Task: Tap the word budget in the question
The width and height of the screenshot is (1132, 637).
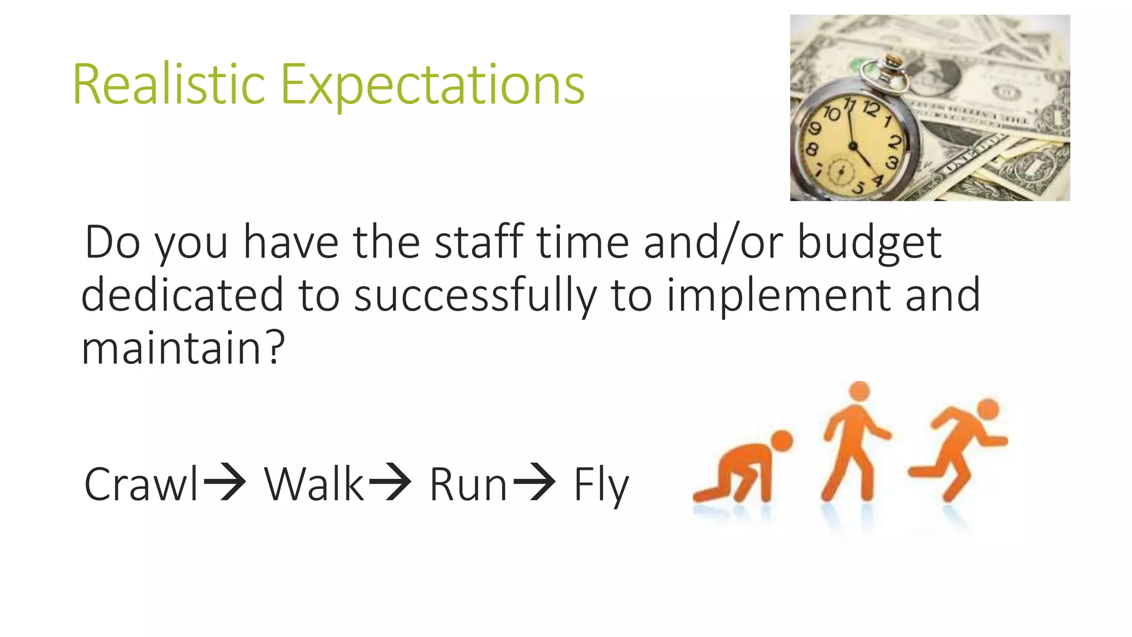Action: point(869,243)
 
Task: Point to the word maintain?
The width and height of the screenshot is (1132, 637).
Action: point(182,348)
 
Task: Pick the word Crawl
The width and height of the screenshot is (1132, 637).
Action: point(140,484)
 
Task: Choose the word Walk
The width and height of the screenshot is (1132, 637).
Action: point(313,484)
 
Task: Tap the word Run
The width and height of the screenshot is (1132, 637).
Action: point(468,484)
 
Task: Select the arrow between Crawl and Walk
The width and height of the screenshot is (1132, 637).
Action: point(224,482)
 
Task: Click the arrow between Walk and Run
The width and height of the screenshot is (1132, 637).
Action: point(390,482)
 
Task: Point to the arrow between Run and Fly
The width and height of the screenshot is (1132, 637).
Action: point(534,482)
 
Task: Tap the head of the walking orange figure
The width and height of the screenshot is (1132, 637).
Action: point(859,390)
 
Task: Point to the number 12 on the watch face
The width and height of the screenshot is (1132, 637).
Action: point(871,108)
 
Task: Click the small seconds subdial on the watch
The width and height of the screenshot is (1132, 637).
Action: point(841,171)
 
